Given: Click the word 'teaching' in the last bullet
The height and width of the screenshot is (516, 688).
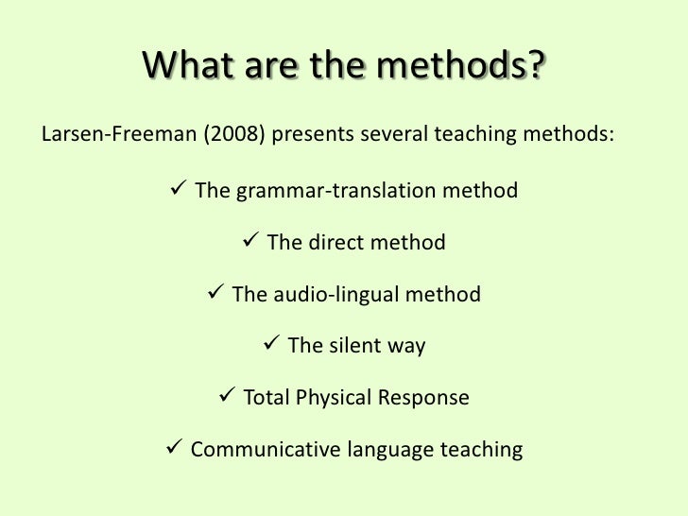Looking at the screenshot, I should tap(481, 450).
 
